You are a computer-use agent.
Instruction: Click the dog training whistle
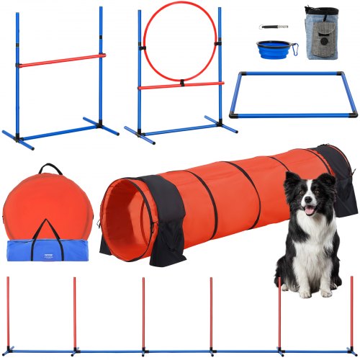point(273,27)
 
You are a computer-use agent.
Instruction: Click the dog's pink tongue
point(310,211)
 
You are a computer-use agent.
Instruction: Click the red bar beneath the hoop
point(180,85)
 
